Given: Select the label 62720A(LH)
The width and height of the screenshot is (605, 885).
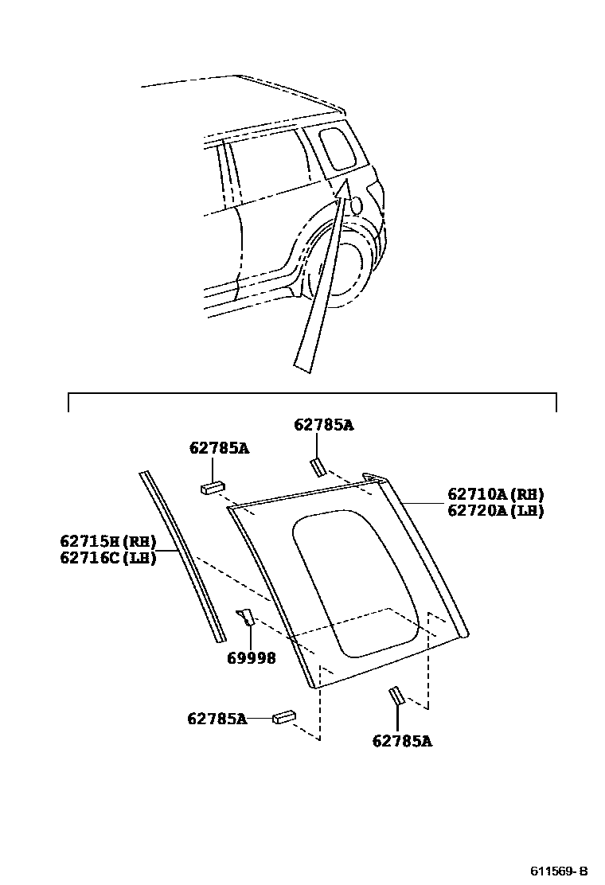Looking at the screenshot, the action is click(495, 511).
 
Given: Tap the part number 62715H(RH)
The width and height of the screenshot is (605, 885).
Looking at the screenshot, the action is click(107, 541).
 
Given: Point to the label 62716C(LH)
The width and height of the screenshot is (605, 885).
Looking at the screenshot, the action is click(107, 557).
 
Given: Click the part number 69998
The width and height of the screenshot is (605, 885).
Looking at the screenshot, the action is click(251, 658).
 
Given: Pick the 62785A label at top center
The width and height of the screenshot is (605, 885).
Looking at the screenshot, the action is click(323, 425).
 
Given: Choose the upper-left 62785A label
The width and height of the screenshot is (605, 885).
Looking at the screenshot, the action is click(219, 448).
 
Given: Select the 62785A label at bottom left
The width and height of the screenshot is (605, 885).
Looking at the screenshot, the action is click(217, 719).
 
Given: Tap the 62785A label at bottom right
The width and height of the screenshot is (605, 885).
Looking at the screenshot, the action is click(402, 741).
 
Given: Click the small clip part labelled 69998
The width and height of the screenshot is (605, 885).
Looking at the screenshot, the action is click(245, 616).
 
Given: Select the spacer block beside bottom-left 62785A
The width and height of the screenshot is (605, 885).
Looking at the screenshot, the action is click(284, 718).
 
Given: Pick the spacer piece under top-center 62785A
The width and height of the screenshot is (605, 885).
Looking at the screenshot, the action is click(317, 466).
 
